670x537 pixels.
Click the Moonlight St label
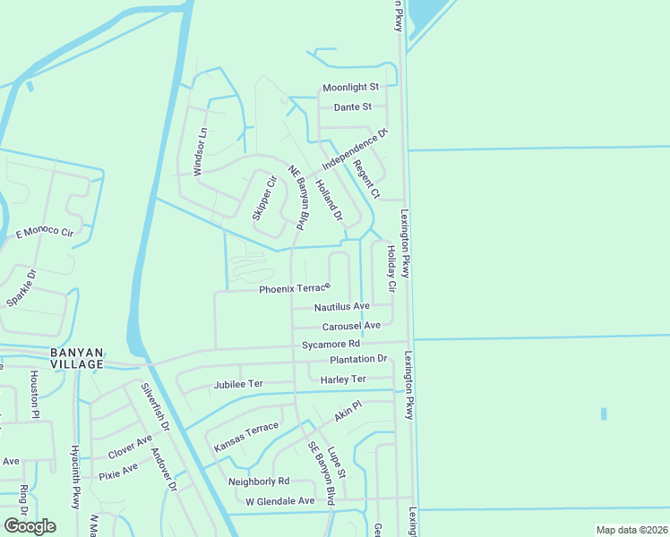tap(351, 87)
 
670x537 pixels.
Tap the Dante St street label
tap(352, 107)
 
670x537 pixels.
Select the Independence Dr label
tap(355, 150)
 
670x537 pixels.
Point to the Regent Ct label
tap(367, 179)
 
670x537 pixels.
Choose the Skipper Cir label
tap(263, 198)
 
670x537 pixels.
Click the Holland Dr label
tap(330, 198)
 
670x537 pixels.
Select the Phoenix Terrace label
tap(295, 289)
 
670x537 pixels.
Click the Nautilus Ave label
tap(341, 306)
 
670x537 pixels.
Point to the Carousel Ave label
tap(351, 325)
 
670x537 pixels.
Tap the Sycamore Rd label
tap(331, 344)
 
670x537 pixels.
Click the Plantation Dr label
tap(358, 359)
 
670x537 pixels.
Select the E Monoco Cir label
tap(45, 233)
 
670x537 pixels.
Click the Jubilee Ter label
tap(238, 384)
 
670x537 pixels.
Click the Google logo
tap(30, 526)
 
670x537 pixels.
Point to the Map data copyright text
tap(631, 530)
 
